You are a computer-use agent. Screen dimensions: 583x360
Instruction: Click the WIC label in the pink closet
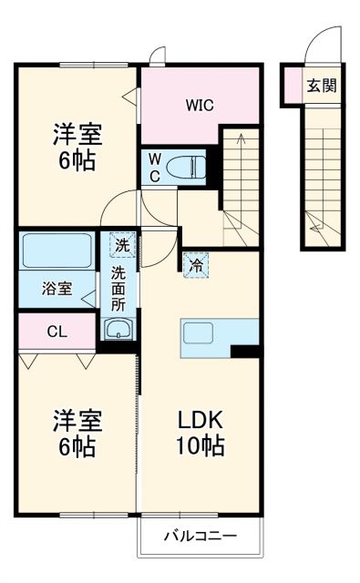click(x=200, y=105)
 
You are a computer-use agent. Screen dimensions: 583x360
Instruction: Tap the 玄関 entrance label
click(x=321, y=87)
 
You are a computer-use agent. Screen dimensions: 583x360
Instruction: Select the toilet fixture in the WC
click(x=190, y=166)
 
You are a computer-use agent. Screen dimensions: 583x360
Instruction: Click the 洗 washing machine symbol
click(x=121, y=244)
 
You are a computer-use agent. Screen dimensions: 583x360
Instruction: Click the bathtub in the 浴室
click(x=56, y=250)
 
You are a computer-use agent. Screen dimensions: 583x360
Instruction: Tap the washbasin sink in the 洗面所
click(x=118, y=329)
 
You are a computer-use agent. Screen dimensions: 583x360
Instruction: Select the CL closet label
click(x=57, y=332)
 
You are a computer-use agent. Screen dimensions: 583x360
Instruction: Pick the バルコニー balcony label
click(x=201, y=537)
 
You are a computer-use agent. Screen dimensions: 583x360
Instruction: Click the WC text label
click(x=155, y=166)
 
